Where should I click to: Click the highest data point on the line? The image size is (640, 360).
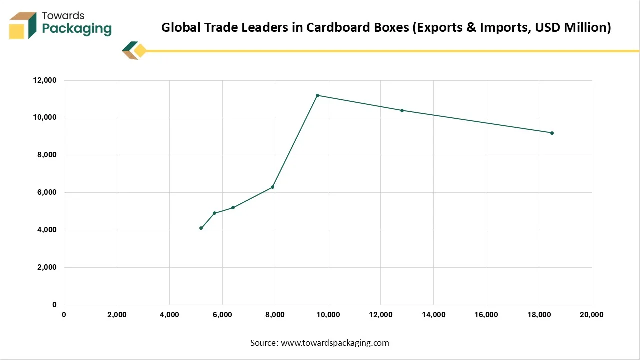[317, 95]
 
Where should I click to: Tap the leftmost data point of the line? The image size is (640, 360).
[201, 228]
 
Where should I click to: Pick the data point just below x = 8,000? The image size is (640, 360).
[272, 187]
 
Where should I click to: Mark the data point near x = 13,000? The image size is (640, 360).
[402, 110]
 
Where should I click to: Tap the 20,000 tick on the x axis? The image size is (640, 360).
[591, 315]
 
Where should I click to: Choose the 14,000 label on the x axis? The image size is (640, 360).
[433, 315]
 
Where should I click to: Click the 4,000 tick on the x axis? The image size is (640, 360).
[169, 315]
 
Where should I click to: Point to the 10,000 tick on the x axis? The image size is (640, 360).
[328, 315]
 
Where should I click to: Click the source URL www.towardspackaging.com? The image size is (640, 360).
[335, 343]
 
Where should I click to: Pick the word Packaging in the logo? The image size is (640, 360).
[77, 29]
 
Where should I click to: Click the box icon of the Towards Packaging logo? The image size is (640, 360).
[23, 25]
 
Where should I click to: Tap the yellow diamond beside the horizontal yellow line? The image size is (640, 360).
[140, 51]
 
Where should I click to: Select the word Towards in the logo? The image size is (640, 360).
[63, 16]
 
